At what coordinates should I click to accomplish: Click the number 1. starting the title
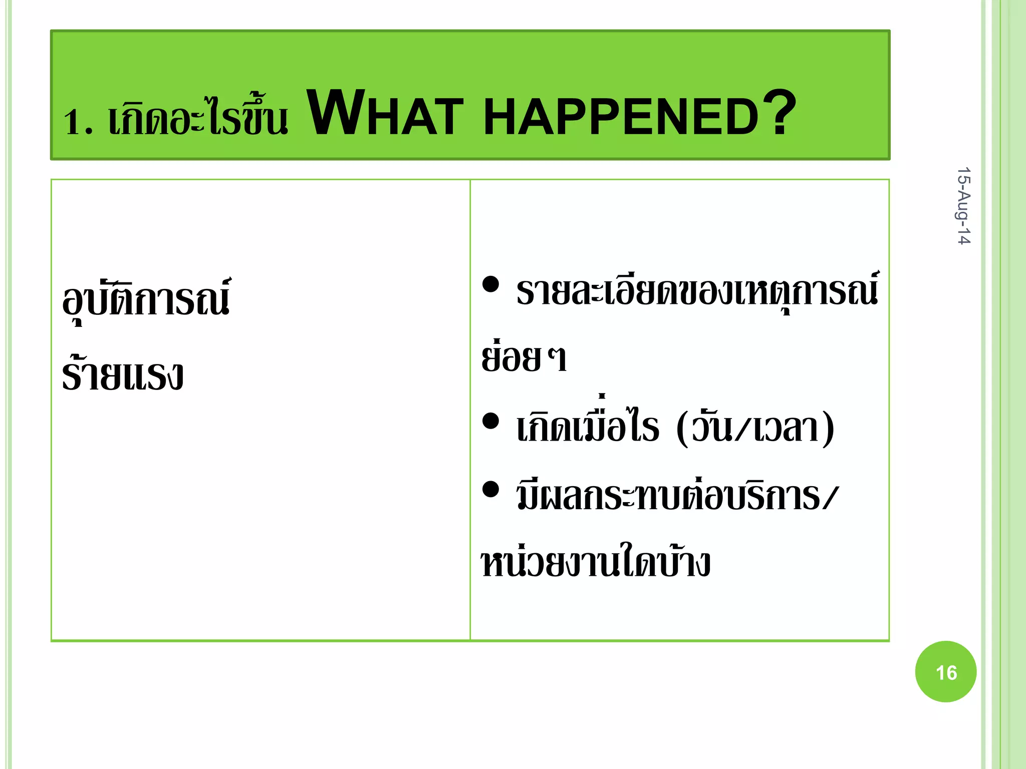[x=78, y=122]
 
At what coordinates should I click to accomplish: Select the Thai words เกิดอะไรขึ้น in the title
[x=198, y=118]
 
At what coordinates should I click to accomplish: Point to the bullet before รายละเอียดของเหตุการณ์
[x=490, y=284]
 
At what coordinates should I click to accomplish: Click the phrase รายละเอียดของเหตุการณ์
[x=697, y=290]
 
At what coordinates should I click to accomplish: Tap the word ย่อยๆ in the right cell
[x=524, y=357]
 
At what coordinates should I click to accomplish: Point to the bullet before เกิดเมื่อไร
[x=490, y=421]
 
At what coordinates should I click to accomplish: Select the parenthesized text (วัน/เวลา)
[x=754, y=428]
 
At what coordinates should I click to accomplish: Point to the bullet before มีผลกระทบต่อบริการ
[x=490, y=489]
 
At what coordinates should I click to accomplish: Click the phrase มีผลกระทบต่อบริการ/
[x=676, y=496]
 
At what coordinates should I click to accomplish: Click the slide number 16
[x=945, y=672]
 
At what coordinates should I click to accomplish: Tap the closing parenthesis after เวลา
[x=828, y=428]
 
